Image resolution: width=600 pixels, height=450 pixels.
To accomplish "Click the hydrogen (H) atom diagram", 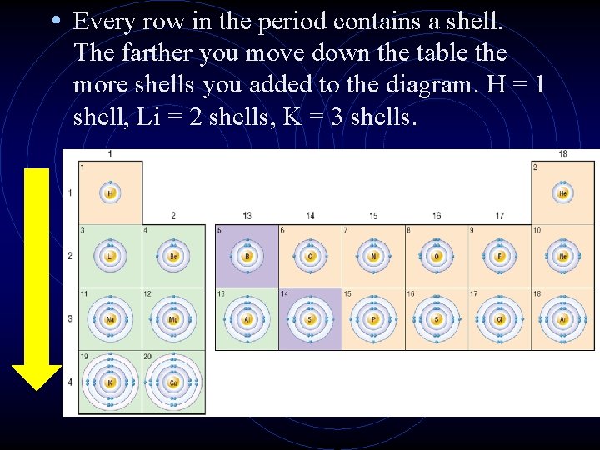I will (110, 193).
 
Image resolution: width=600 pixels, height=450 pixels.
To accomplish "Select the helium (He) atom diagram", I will (563, 193).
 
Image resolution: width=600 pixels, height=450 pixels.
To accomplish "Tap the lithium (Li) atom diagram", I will (110, 256).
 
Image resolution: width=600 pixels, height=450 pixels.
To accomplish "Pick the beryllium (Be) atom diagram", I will (173, 256).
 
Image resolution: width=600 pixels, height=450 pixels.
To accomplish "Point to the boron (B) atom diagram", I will (247, 256).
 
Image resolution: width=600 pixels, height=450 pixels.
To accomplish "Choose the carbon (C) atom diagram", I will (310, 256).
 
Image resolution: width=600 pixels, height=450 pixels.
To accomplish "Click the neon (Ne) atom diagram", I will (563, 256).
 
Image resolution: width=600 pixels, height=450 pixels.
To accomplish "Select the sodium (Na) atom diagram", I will (110, 319).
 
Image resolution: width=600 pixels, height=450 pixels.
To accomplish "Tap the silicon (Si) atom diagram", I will (310, 319).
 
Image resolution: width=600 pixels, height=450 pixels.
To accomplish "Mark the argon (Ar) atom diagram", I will (563, 319).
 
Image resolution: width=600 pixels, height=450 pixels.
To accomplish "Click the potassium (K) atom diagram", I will (110, 382).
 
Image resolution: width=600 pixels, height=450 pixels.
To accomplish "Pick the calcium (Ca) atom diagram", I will (173, 382).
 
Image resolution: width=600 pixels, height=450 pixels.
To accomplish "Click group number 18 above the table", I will (563, 154).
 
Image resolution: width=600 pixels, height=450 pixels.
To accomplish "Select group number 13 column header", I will (247, 216).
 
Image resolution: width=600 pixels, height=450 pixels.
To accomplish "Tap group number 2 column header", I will (173, 216).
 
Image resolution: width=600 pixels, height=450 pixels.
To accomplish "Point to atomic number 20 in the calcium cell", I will (147, 356).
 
